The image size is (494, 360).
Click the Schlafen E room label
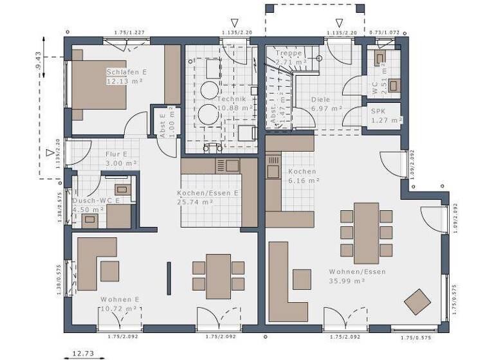pyautogui.click(x=127, y=76)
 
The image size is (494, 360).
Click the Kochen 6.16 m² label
pyautogui.click(x=303, y=176)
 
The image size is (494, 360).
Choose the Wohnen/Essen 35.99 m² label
pyautogui.click(x=347, y=276)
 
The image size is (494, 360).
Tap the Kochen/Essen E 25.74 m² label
pyautogui.click(x=208, y=197)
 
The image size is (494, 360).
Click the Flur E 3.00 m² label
pyautogui.click(x=120, y=159)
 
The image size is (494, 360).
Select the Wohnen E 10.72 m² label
pyautogui.click(x=120, y=304)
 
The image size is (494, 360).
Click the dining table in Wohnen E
pyautogui.click(x=219, y=276)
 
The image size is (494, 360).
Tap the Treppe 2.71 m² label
pyautogui.click(x=288, y=57)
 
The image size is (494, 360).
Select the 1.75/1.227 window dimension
pyautogui.click(x=129, y=32)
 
